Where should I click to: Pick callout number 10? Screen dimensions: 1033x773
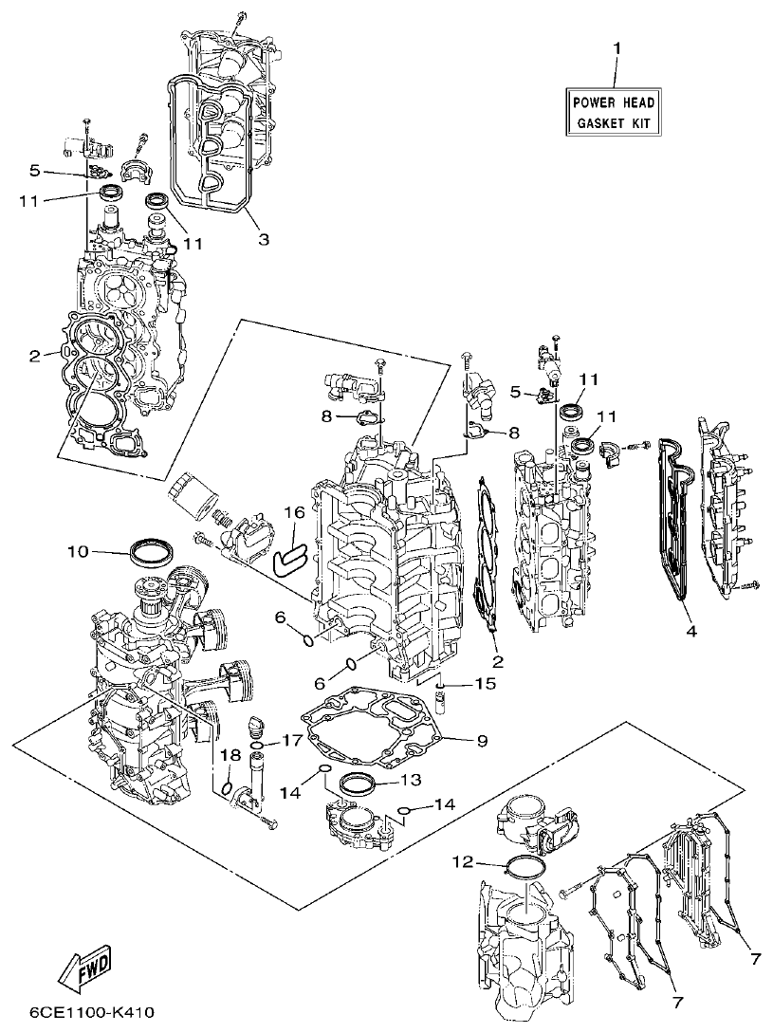(x=78, y=550)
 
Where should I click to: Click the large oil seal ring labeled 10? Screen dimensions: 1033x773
(x=151, y=549)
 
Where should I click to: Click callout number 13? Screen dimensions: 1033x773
(x=410, y=780)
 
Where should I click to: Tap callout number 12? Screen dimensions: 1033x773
(x=462, y=862)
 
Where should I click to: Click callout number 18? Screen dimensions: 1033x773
(x=228, y=755)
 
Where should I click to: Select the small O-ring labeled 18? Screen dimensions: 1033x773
(x=228, y=786)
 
